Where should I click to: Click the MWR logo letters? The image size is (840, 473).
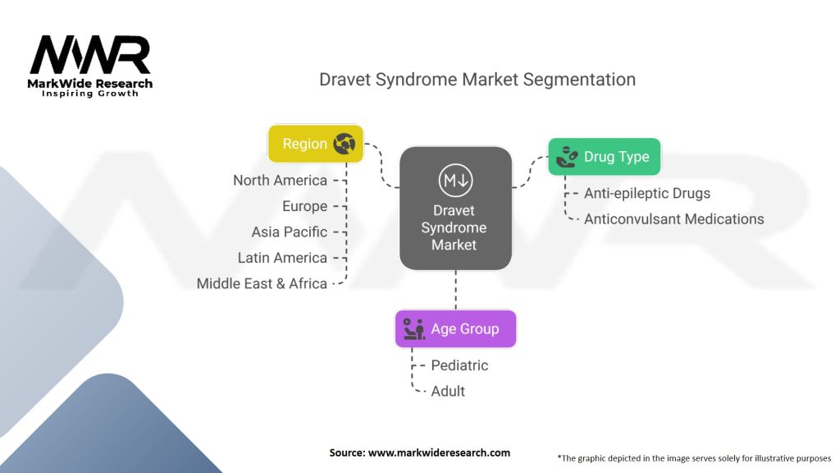point(90,55)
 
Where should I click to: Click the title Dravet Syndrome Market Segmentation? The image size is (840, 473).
point(477,80)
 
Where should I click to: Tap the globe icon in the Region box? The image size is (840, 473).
point(344,144)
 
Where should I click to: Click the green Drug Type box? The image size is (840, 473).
point(604,157)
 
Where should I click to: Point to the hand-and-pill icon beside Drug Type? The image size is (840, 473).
point(567,157)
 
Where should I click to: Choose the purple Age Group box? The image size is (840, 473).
point(455,329)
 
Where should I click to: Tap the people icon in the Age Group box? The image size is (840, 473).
point(413,329)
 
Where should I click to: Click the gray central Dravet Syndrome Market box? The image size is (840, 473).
point(454,209)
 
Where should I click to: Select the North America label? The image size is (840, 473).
point(280,181)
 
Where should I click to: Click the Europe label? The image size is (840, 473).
point(304,206)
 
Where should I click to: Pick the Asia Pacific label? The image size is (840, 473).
point(289,232)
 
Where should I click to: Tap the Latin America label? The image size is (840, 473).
point(282,258)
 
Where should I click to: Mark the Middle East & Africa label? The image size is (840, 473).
point(262,283)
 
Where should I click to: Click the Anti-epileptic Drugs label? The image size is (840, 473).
point(646,194)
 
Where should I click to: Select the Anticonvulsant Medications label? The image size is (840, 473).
point(673,219)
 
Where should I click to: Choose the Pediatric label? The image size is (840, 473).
point(459,365)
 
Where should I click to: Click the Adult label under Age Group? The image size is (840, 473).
point(448,391)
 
